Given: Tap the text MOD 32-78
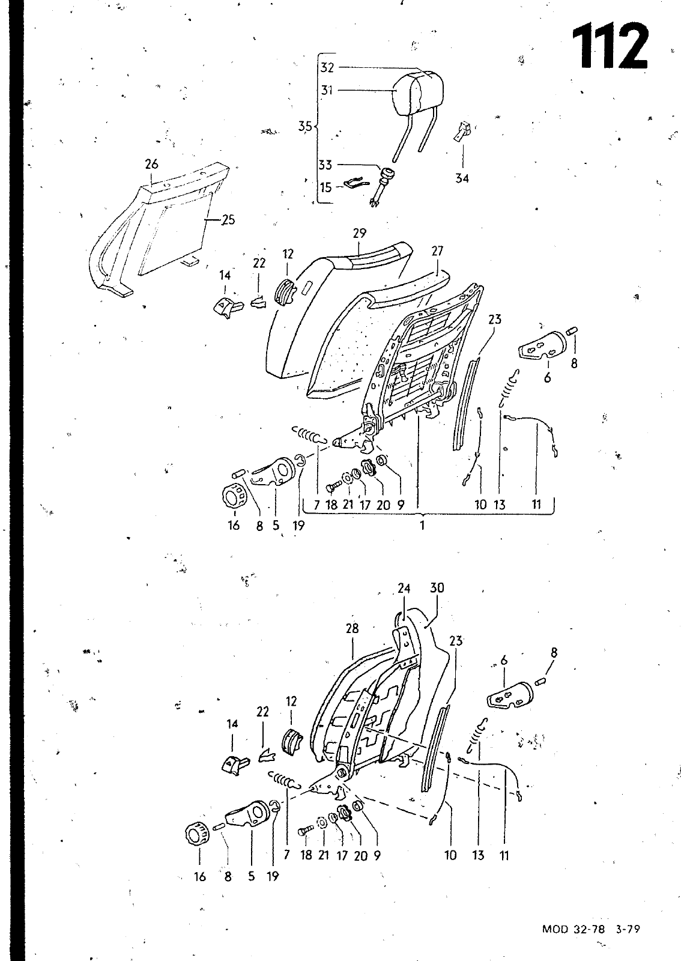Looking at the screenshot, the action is [574, 929].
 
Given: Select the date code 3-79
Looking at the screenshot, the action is [628, 929].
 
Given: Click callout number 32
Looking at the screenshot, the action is [327, 67].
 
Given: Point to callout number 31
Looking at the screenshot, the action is [327, 91].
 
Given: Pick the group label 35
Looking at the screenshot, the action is [305, 126].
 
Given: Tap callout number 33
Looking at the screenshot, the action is [325, 165].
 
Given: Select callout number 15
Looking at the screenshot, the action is [326, 187].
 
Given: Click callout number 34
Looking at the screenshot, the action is [462, 178].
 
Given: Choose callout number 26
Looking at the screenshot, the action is [151, 164].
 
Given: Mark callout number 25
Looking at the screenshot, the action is [229, 220].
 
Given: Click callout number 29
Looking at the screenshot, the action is [359, 233].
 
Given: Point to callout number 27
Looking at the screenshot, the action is [437, 250].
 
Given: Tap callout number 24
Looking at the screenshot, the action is [404, 588].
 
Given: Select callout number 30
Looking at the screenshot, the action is [437, 587].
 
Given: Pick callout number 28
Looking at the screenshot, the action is [352, 629].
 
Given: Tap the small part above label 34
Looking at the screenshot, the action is [462, 132].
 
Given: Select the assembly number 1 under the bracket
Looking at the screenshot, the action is [422, 525].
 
